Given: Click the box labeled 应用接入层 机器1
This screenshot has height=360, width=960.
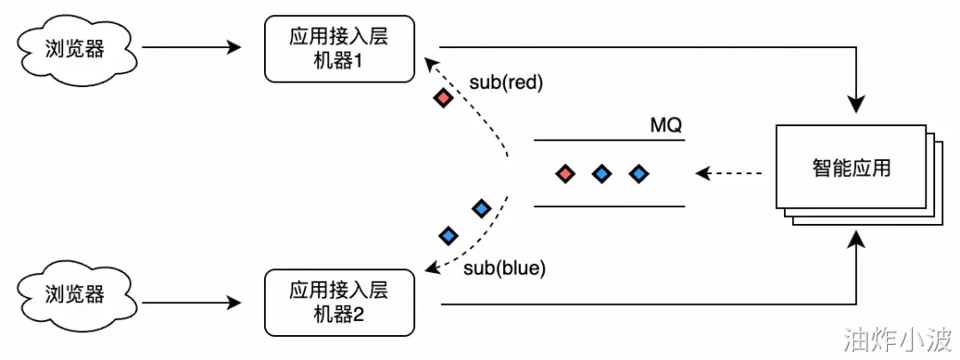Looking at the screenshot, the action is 340,49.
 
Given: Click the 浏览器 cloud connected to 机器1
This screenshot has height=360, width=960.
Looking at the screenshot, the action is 76,48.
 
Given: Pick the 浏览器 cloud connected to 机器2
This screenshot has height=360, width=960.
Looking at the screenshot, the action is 76,295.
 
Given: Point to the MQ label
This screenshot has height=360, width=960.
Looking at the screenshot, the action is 666,126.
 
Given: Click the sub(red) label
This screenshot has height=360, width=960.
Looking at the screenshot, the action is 507,84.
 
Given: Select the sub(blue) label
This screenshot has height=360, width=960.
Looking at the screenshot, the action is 504,268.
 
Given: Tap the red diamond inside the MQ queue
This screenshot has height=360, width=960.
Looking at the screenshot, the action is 565,174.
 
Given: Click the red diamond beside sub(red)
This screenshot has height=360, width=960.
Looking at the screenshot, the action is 443,98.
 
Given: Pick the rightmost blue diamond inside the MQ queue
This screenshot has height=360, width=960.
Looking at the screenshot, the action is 639,174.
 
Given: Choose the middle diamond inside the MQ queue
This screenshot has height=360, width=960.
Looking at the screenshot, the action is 603,174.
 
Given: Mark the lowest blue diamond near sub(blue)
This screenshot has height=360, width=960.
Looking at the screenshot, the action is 449,235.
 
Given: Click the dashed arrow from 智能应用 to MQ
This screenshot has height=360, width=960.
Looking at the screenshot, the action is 729,174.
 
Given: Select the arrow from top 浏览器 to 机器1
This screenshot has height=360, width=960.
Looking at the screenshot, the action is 192,47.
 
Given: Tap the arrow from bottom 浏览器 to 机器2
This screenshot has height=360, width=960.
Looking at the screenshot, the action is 192,302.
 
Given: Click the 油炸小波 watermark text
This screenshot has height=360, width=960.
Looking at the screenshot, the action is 897,338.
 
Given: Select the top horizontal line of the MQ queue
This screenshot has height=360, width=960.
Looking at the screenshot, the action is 609,140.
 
